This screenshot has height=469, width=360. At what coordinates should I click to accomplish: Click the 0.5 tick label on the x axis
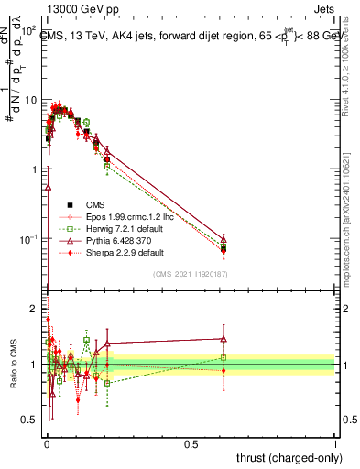click(x=191, y=444)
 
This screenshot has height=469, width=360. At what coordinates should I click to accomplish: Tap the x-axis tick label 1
click(x=334, y=444)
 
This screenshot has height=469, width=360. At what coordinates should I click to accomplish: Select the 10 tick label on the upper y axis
click(x=28, y=100)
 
